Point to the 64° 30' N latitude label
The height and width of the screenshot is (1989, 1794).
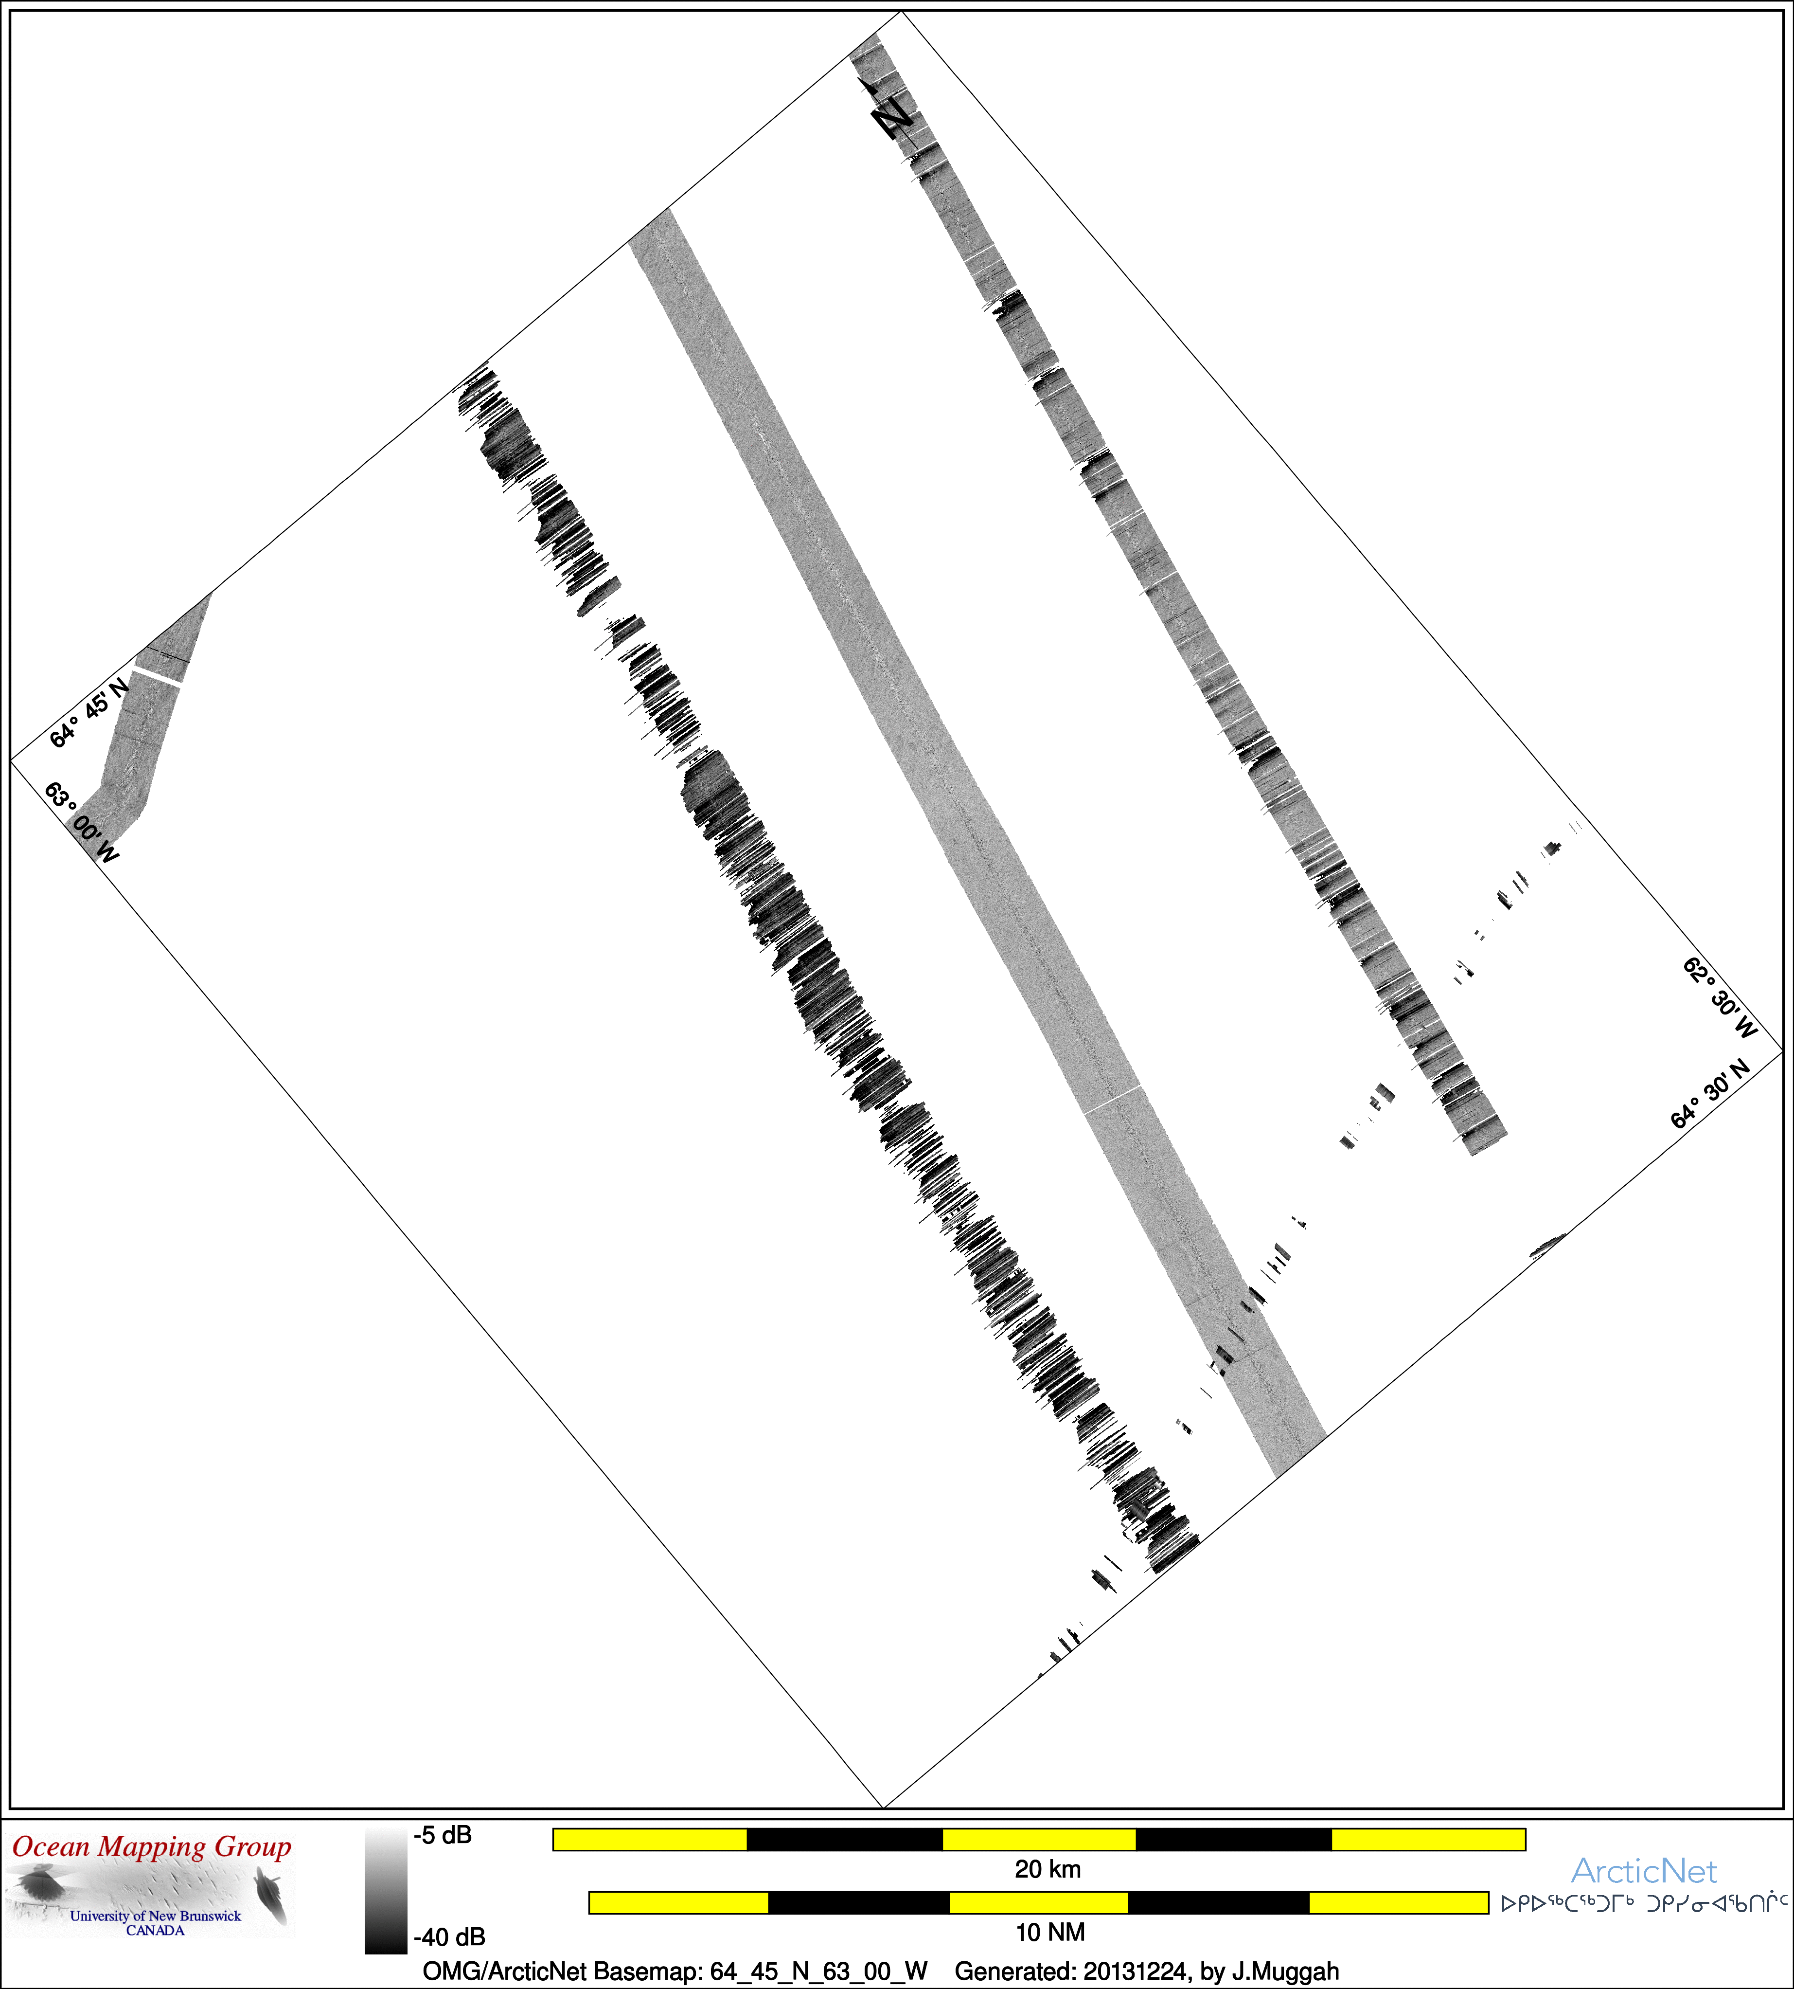pyautogui.click(x=1710, y=1095)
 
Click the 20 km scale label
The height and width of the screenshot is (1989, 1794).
pyautogui.click(x=1048, y=1869)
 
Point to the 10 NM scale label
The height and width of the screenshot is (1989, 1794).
pyautogui.click(x=1050, y=1932)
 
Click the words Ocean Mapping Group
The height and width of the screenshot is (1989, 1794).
pyautogui.click(x=152, y=1846)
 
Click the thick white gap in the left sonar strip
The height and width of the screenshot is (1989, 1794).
pyautogui.click(x=158, y=675)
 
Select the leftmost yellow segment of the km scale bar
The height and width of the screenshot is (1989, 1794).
pyautogui.click(x=650, y=1839)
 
